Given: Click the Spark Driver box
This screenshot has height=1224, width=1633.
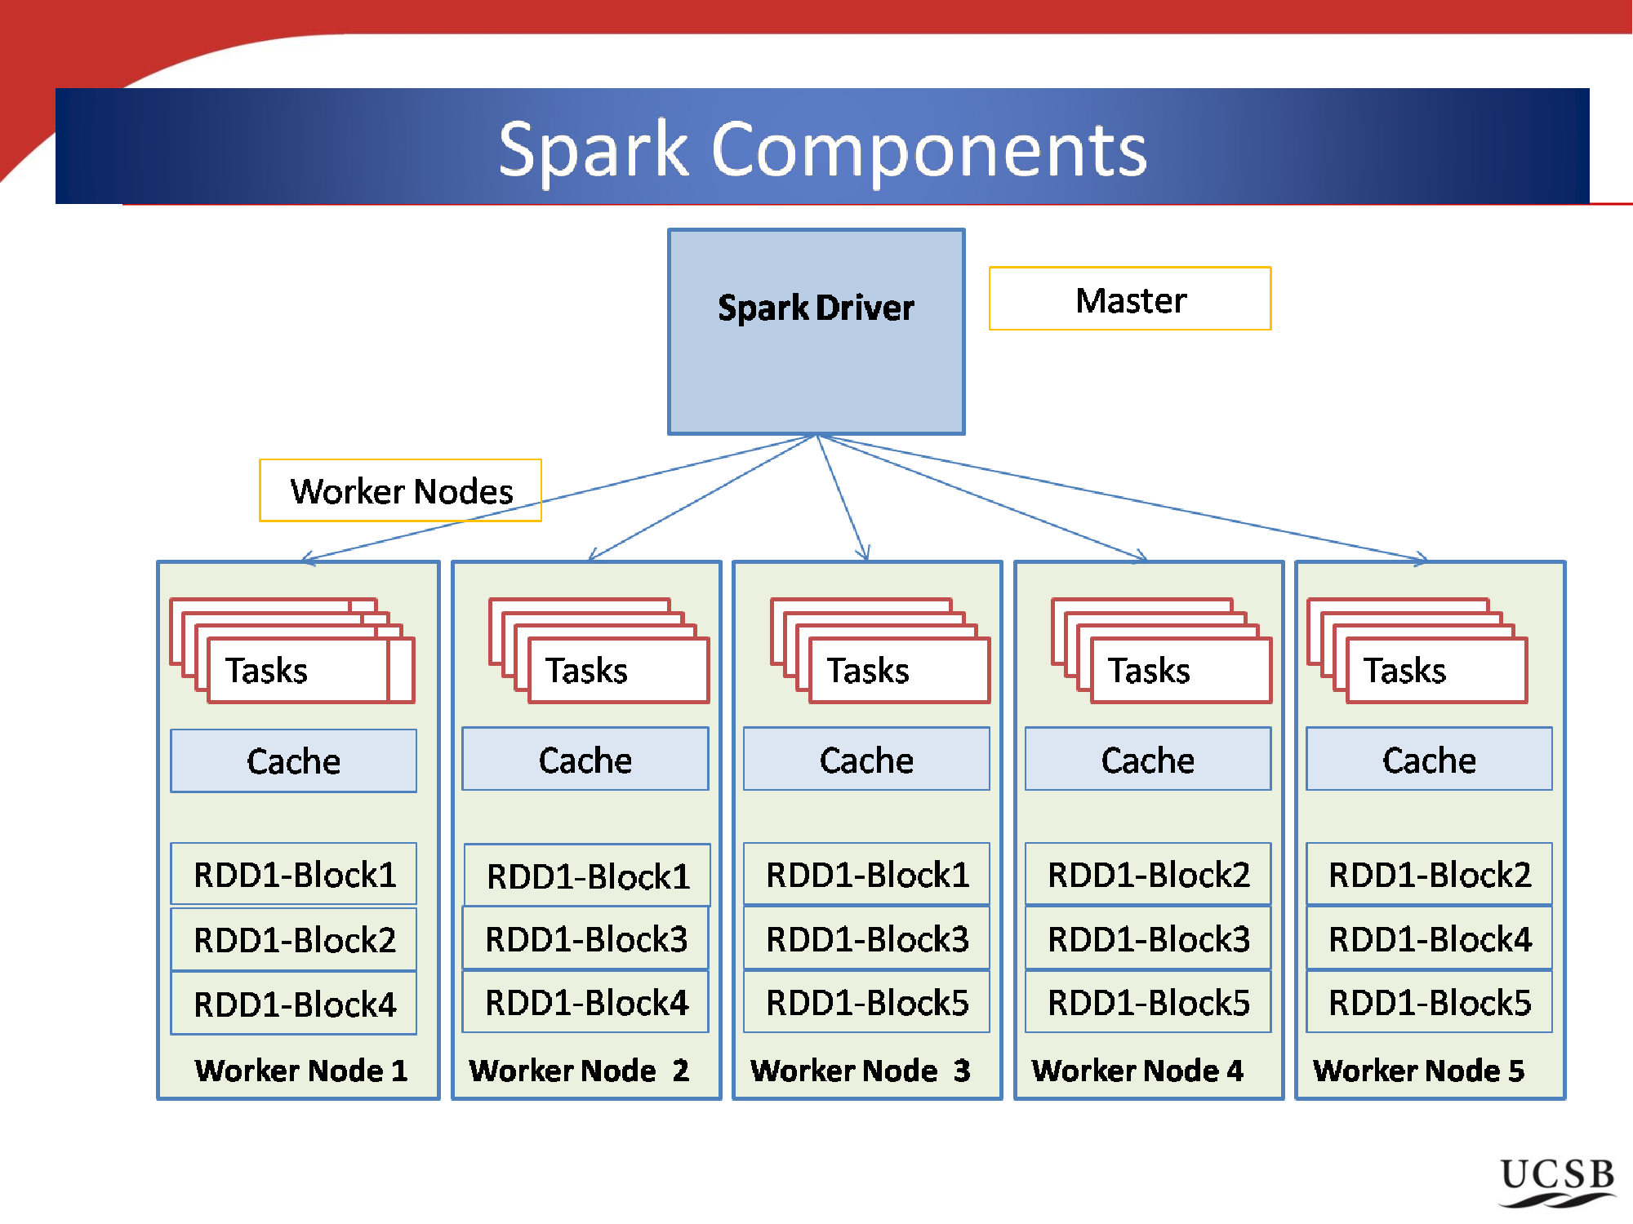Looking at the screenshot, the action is (816, 331).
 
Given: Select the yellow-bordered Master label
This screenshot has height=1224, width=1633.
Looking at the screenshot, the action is (1130, 299).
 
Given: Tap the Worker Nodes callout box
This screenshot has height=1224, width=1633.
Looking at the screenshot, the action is (400, 490).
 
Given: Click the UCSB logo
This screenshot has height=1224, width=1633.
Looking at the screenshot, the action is (1557, 1182).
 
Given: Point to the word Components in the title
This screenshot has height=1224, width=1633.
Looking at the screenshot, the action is (929, 149).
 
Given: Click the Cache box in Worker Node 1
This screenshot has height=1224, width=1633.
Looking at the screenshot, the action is (293, 761).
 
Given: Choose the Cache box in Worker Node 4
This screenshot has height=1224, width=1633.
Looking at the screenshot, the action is (1148, 759).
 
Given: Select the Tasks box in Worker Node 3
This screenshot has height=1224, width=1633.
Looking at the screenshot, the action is (899, 671).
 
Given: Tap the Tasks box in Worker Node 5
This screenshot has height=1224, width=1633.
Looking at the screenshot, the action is (1436, 671).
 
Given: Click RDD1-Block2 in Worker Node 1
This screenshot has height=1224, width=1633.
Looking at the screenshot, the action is (294, 939).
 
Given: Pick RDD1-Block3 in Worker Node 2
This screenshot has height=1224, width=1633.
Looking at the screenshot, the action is (585, 938).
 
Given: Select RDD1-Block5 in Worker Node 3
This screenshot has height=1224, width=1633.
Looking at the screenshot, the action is (866, 1002).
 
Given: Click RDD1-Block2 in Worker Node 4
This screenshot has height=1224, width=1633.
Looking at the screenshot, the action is (1148, 874).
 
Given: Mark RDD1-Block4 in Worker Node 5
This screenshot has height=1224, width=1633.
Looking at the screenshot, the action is (1429, 938).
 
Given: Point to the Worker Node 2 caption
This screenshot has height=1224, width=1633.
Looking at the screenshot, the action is (579, 1070).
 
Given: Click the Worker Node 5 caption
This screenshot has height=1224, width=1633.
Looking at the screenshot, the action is (1418, 1070).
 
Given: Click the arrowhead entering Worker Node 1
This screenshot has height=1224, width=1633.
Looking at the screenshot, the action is (306, 559).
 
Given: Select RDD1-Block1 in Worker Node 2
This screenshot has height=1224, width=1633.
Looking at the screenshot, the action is (587, 876).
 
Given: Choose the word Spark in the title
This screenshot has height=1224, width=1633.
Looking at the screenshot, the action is (594, 151).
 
